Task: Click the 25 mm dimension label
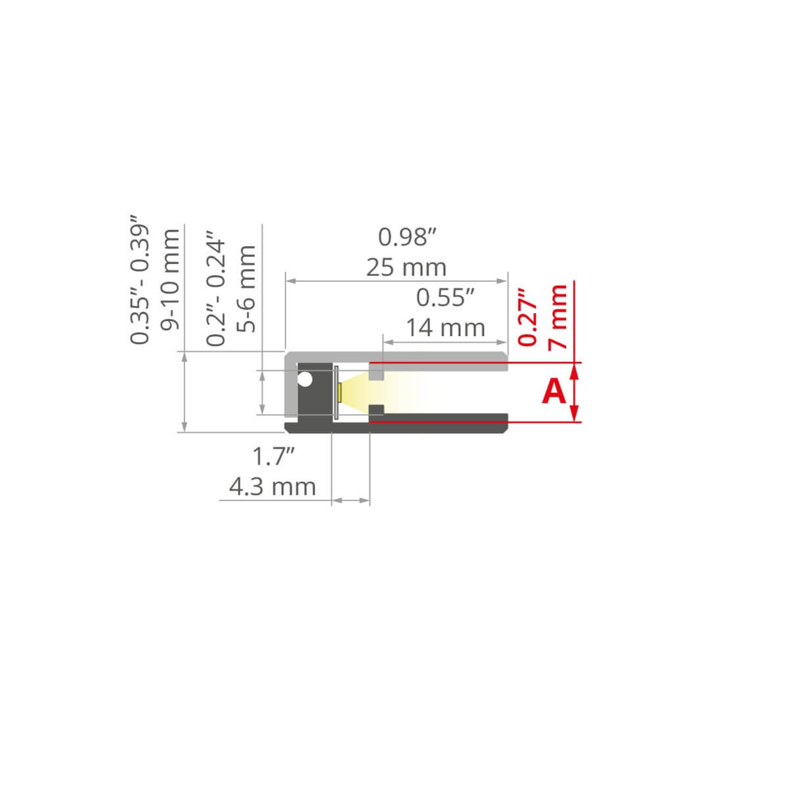click(x=406, y=268)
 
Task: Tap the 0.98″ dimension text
click(x=407, y=237)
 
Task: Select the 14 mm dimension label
click(x=445, y=328)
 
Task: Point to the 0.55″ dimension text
click(x=445, y=297)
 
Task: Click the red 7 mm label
click(x=557, y=317)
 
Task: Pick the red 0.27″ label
click(x=527, y=318)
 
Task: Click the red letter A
click(x=554, y=391)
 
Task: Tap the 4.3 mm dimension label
click(x=273, y=487)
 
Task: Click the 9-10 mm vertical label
click(x=169, y=280)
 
